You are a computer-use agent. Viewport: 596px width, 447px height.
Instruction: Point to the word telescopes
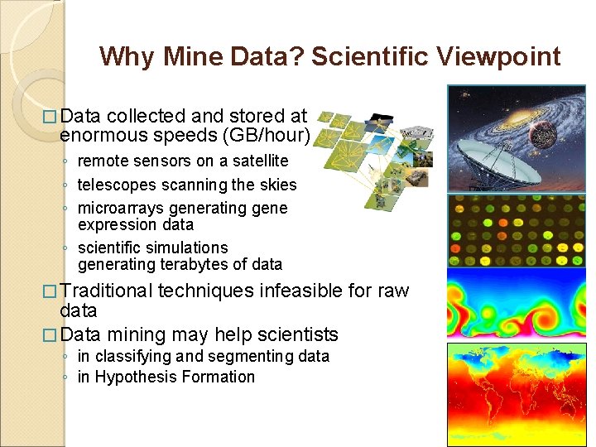tap(118, 185)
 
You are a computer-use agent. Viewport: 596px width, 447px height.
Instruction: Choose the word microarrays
tap(121, 208)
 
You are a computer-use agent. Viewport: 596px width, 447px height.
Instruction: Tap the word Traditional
tap(107, 291)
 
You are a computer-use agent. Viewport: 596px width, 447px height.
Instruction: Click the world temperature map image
tap(516, 394)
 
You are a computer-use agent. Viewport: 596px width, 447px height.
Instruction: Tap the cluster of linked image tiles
tap(372, 157)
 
